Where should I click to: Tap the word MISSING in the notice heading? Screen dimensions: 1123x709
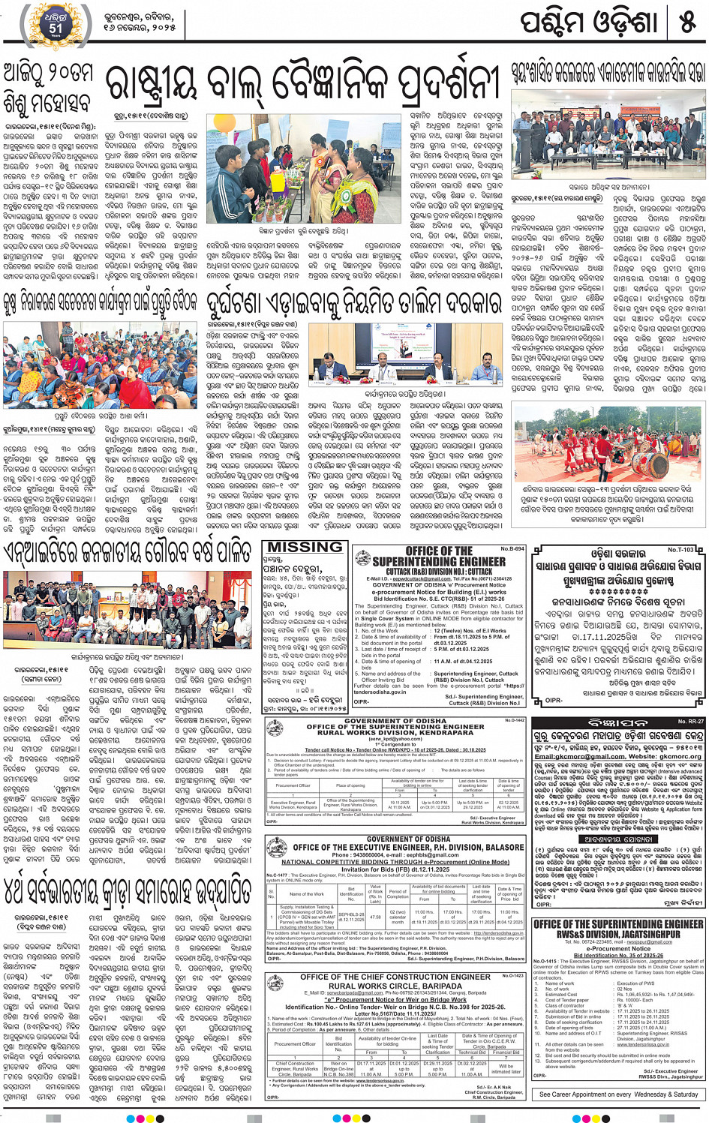click(305, 548)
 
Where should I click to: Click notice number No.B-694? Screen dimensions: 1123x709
click(512, 548)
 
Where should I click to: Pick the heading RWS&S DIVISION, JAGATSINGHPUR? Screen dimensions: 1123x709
click(618, 934)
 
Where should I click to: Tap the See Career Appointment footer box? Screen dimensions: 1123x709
click(618, 1094)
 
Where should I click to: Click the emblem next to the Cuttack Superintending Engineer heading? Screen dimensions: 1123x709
click(363, 559)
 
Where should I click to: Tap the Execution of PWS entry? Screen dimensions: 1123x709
click(635, 983)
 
